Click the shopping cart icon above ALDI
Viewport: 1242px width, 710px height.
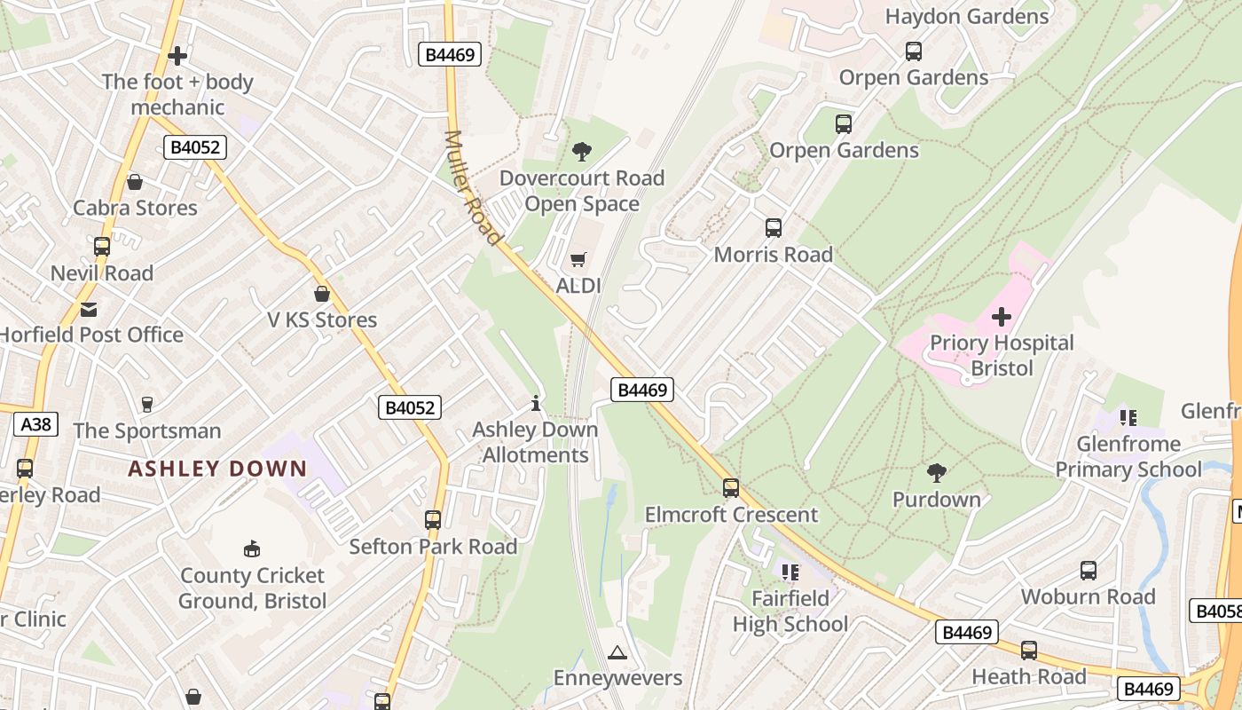coord(578,259)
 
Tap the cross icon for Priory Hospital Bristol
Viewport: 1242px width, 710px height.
coord(1002,316)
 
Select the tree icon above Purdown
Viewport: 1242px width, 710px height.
coord(936,472)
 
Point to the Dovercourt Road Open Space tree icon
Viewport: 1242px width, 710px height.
coord(582,151)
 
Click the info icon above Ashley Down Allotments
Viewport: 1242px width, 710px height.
coord(536,404)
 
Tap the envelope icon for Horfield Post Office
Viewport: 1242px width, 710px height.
coord(89,309)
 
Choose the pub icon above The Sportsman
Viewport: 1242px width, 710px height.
coord(147,405)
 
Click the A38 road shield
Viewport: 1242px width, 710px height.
coord(36,424)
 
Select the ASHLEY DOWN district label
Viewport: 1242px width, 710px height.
coord(217,469)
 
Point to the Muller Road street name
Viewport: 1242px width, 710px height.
coord(473,187)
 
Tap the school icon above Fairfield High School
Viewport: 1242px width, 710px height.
coord(790,572)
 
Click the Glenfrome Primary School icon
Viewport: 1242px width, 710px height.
coord(1128,417)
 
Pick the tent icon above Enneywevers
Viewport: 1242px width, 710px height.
coord(617,653)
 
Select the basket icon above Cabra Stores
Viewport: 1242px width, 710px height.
coord(135,182)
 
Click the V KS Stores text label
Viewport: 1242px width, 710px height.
coord(322,319)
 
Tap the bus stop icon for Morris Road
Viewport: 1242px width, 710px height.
coord(774,228)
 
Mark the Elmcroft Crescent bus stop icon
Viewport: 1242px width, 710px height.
coord(731,488)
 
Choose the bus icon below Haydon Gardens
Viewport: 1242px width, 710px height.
coord(914,51)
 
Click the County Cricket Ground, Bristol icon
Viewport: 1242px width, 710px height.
coord(253,549)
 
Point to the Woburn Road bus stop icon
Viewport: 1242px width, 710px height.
coord(1089,571)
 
